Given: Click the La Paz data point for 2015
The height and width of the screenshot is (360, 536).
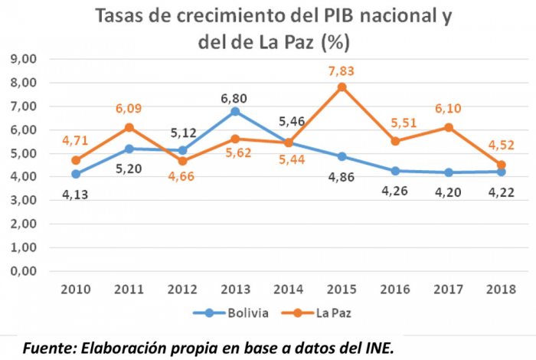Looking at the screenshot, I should (x=342, y=87).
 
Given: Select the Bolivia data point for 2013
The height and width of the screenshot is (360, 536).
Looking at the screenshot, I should (x=236, y=112).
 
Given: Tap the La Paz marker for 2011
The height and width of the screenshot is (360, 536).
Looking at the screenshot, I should (x=129, y=128).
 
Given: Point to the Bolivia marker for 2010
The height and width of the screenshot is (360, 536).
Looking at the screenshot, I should (x=76, y=175).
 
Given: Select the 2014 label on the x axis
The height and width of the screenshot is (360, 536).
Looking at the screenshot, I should (x=289, y=290).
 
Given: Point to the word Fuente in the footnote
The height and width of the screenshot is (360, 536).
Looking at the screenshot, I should (x=47, y=348).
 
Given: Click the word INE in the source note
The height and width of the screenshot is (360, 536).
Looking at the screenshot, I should (x=380, y=348).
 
